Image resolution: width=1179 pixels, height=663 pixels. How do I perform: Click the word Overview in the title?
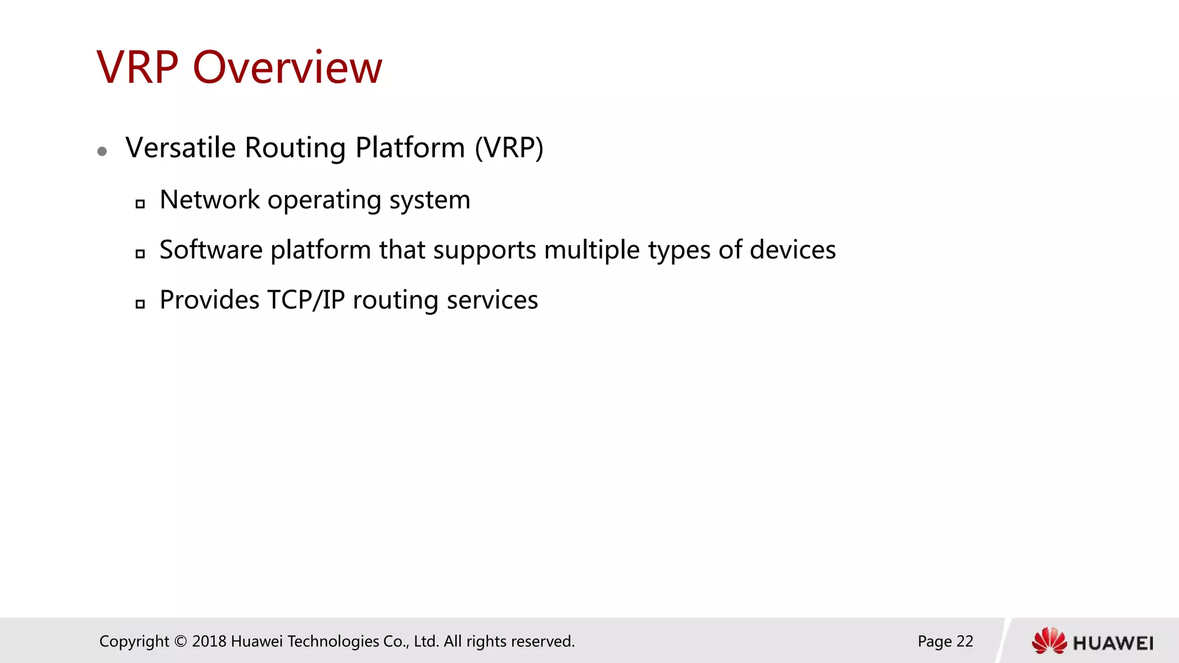pyautogui.click(x=287, y=68)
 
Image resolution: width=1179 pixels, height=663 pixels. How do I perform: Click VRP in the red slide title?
pyautogui.click(x=138, y=68)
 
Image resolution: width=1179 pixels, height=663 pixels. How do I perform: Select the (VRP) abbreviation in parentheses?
pyautogui.click(x=509, y=148)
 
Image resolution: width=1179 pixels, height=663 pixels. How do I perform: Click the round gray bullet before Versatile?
pyautogui.click(x=102, y=151)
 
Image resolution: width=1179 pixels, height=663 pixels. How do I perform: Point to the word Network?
pyautogui.click(x=210, y=200)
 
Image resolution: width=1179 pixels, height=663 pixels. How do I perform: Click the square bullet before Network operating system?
pyautogui.click(x=140, y=204)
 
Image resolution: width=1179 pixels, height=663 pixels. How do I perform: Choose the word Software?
pyautogui.click(x=211, y=250)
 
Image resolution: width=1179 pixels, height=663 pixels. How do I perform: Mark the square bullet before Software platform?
pyautogui.click(x=140, y=254)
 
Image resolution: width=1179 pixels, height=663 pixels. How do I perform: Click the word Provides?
pyautogui.click(x=210, y=300)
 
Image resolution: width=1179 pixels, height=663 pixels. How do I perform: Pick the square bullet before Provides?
pyautogui.click(x=140, y=304)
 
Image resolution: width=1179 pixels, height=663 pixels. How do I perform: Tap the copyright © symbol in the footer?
pyautogui.click(x=181, y=641)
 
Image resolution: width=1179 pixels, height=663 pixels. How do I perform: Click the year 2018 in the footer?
pyautogui.click(x=209, y=641)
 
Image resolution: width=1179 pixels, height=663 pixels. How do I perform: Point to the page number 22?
pyautogui.click(x=964, y=641)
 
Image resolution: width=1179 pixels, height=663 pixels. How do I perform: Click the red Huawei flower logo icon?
pyautogui.click(x=1049, y=641)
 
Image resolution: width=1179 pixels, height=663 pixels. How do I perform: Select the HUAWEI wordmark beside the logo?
pyautogui.click(x=1113, y=643)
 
